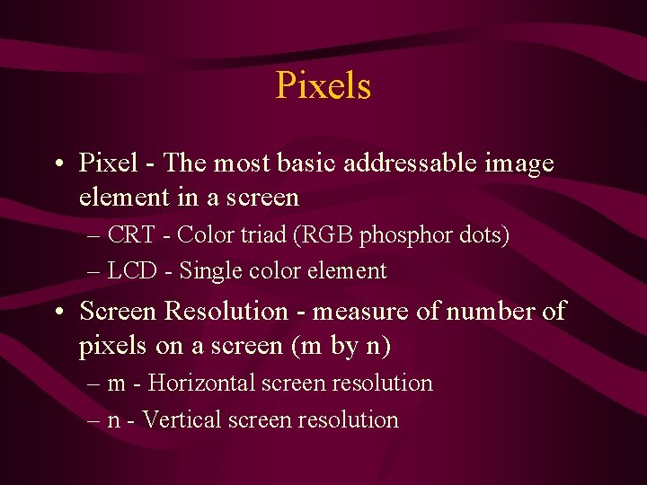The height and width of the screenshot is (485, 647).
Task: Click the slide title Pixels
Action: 323,86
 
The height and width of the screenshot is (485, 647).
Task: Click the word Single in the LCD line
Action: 208,271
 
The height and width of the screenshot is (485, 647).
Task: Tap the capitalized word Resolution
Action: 230,312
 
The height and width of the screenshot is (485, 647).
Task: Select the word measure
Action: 360,312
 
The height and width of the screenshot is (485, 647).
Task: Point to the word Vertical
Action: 182,419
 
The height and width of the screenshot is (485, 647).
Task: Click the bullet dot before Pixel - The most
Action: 58,165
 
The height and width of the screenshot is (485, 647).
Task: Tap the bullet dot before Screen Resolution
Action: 58,313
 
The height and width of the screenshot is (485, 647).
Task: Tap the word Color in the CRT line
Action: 204,235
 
